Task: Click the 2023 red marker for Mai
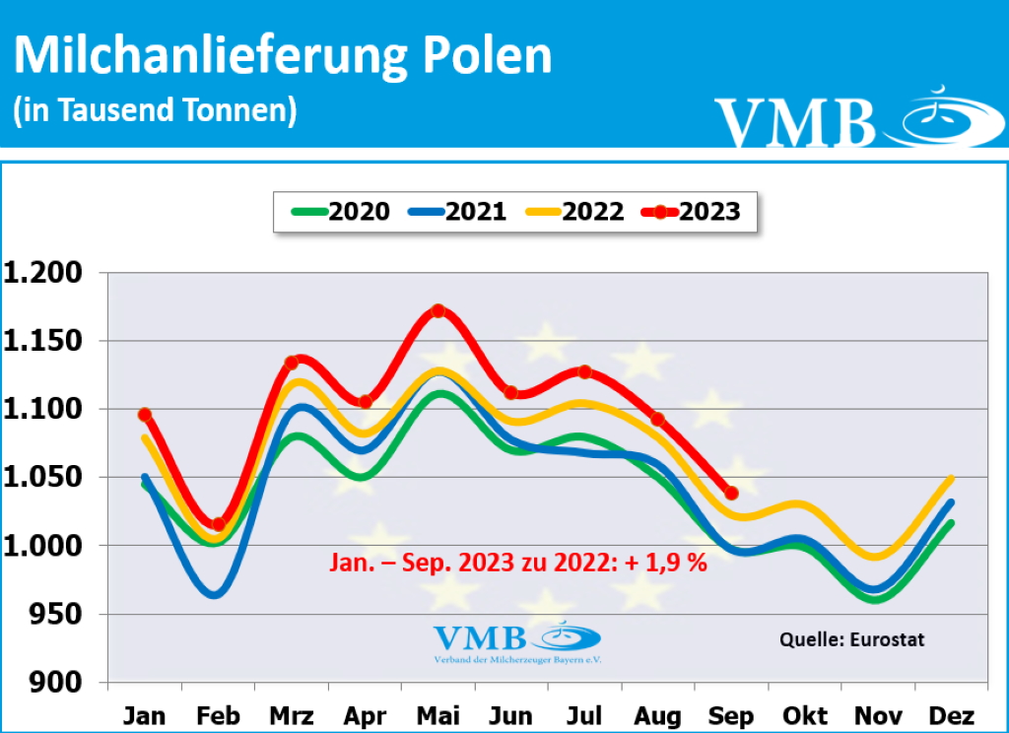tap(438, 311)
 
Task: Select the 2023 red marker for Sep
tap(731, 493)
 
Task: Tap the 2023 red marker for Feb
tap(218, 524)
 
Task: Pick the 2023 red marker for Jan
tap(145, 415)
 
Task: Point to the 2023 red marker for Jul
tap(584, 371)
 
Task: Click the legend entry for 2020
tap(341, 211)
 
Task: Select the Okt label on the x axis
tap(805, 715)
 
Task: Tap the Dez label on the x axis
tap(951, 715)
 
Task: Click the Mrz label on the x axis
tap(292, 715)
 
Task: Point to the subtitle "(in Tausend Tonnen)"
tap(155, 109)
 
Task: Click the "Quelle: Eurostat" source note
tap(852, 639)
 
